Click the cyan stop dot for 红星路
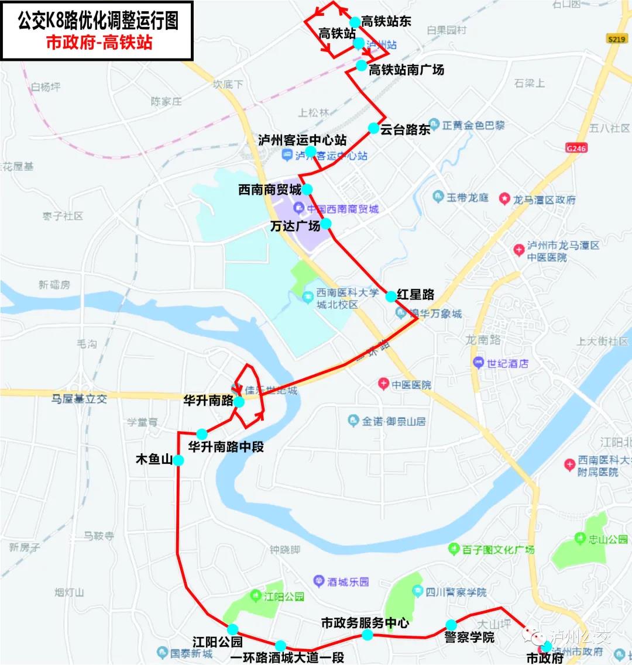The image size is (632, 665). pyautogui.click(x=390, y=297)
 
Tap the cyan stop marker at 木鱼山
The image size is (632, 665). pyautogui.click(x=178, y=460)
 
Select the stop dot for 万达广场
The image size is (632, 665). pyautogui.click(x=326, y=223)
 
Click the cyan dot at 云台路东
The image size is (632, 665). pyautogui.click(x=373, y=128)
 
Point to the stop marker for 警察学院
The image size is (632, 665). pyautogui.click(x=451, y=625)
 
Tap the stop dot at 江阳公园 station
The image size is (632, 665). pyautogui.click(x=233, y=629)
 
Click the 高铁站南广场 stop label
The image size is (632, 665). pyautogui.click(x=406, y=70)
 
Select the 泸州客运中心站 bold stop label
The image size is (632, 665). pyautogui.click(x=302, y=140)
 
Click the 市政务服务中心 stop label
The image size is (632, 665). pyautogui.click(x=365, y=622)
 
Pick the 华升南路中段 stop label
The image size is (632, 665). pyautogui.click(x=226, y=447)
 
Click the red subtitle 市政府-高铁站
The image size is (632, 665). pyautogui.click(x=99, y=42)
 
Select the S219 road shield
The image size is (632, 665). pyautogui.click(x=617, y=39)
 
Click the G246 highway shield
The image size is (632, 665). pyautogui.click(x=576, y=148)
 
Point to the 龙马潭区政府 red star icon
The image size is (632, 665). pyautogui.click(x=504, y=199)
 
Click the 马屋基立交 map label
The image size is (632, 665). pyautogui.click(x=79, y=399)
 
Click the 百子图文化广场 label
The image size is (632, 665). pyautogui.click(x=498, y=549)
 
